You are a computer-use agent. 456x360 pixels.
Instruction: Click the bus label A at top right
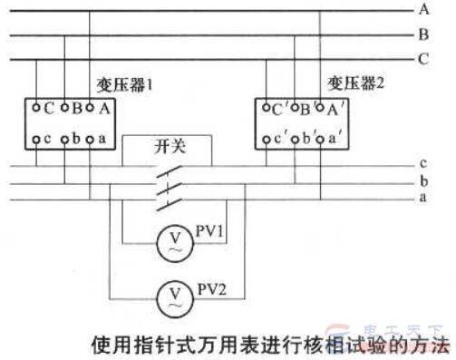pyautogui.click(x=423, y=10)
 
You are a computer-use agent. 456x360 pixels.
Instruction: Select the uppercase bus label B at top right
pyautogui.click(x=423, y=36)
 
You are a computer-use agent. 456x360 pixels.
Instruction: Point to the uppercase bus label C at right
pyautogui.click(x=423, y=61)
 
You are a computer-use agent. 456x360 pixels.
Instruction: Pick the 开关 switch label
pyautogui.click(x=167, y=146)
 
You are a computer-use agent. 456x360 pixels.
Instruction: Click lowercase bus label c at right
pyautogui.click(x=423, y=163)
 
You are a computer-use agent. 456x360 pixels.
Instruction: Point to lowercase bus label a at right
pyautogui.click(x=423, y=197)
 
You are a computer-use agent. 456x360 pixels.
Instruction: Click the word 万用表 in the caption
pyautogui.click(x=210, y=344)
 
